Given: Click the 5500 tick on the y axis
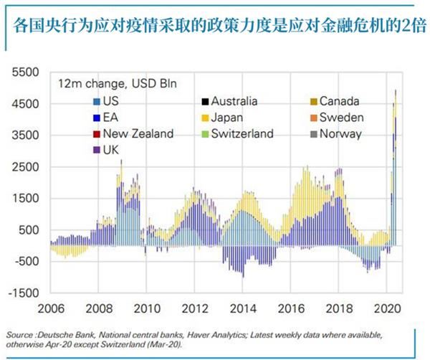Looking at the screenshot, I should (30, 72).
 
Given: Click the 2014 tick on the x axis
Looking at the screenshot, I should (244, 310).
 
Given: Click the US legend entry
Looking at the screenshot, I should (110, 101).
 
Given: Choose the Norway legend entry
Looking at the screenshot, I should (340, 133).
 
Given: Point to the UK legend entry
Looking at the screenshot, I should (112, 149).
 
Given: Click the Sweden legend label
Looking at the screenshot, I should (342, 117).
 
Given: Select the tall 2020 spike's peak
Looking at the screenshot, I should (396, 91).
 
